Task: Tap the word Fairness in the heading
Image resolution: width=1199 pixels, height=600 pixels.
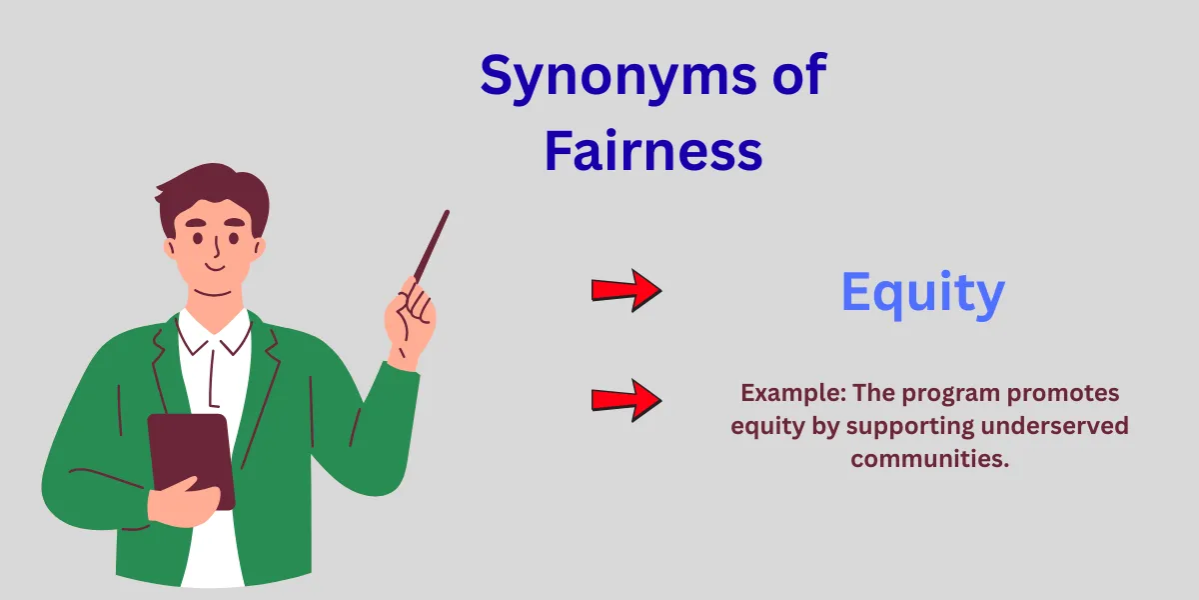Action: click(x=653, y=153)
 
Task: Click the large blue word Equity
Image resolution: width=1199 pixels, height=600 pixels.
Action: click(x=921, y=293)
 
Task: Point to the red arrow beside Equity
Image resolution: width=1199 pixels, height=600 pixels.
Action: click(x=626, y=290)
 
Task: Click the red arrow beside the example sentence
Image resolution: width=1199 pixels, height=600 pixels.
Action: click(x=626, y=400)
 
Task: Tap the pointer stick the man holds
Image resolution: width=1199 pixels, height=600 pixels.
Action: click(x=432, y=246)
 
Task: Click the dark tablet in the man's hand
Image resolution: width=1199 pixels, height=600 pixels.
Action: click(x=191, y=455)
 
